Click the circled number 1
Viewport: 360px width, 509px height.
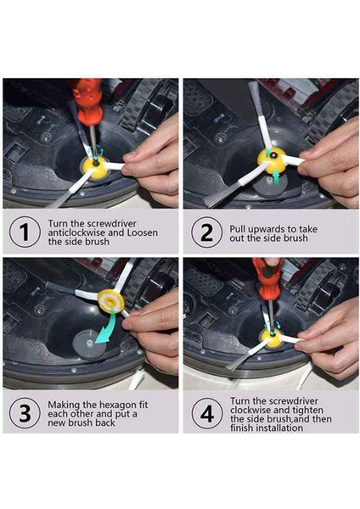click(25, 232)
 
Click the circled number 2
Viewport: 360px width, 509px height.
click(206, 232)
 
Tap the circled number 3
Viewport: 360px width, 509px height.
click(25, 413)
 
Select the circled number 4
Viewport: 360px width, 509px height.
click(206, 414)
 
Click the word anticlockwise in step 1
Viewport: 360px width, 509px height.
click(77, 232)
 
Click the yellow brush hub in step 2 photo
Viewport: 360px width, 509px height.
click(272, 160)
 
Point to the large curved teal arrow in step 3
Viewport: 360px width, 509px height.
click(110, 327)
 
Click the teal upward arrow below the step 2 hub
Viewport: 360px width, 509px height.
click(276, 177)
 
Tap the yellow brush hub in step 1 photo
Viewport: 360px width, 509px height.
click(96, 167)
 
